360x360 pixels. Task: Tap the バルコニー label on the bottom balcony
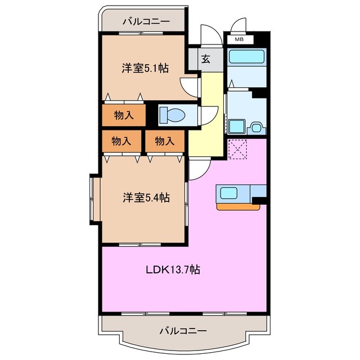[182, 330]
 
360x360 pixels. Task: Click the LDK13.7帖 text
[174, 269]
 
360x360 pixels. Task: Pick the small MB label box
[239, 40]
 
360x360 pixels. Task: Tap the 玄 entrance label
[206, 59]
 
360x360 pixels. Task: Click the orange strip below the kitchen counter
[238, 206]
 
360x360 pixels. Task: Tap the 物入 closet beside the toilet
[123, 115]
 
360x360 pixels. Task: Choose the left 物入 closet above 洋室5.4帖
[121, 141]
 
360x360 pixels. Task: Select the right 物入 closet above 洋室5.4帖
[164, 141]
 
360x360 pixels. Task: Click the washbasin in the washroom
[258, 127]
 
